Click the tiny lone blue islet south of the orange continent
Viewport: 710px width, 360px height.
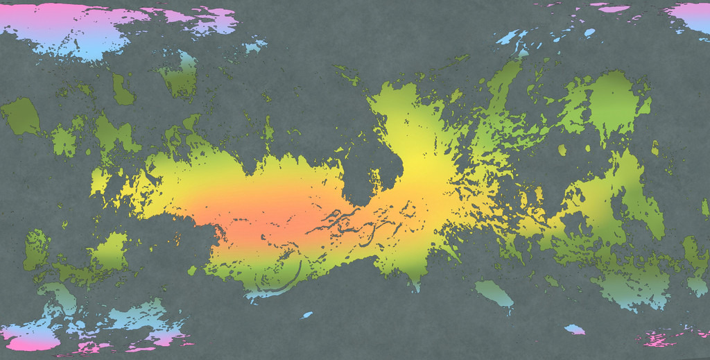point(308,315)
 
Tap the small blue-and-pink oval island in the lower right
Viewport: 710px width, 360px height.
point(574,329)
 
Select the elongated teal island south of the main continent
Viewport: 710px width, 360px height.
point(494,293)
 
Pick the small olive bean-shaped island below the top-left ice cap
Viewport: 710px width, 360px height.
point(122,89)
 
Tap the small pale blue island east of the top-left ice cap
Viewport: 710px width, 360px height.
point(255,46)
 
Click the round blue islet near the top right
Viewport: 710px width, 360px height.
point(589,33)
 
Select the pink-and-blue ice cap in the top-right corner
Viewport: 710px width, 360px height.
point(690,15)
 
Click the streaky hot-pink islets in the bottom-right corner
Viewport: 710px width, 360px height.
point(662,338)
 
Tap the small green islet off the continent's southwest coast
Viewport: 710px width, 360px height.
point(192,270)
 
